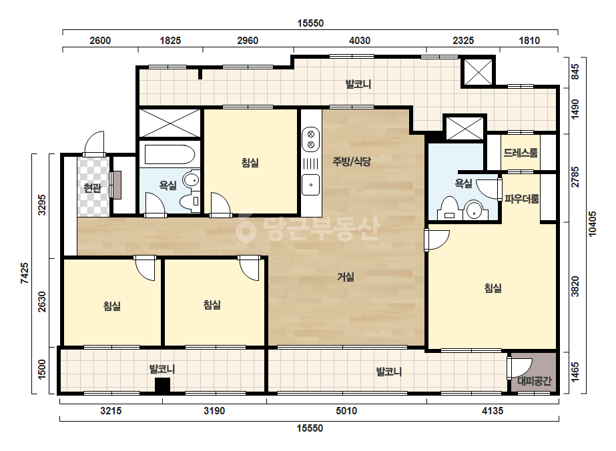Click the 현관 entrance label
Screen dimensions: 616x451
[92, 187]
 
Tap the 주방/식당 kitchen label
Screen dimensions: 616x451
[352, 161]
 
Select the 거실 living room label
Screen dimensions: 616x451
[346, 277]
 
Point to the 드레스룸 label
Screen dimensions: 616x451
[521, 153]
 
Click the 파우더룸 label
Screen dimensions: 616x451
[522, 199]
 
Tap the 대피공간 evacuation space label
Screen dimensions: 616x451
[535, 381]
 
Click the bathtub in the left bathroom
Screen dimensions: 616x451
[170, 155]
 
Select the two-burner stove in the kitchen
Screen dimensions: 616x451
[311, 139]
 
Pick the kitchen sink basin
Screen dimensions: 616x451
[311, 185]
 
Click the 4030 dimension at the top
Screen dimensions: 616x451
[360, 41]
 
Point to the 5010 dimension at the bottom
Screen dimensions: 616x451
[346, 411]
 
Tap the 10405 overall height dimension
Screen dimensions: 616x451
[593, 224]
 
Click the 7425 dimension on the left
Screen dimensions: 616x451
[24, 273]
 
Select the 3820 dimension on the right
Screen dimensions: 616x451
[575, 286]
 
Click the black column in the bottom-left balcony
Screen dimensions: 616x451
[162, 386]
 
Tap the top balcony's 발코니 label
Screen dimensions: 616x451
[358, 84]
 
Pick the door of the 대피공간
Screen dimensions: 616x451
[519, 368]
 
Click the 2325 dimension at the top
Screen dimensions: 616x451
[463, 41]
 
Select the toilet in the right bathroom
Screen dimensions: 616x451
[449, 209]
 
